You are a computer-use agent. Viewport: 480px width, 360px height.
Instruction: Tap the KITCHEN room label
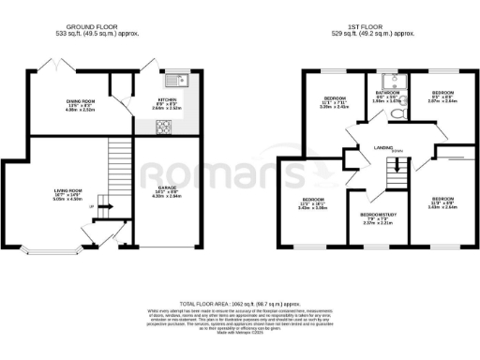(169, 98)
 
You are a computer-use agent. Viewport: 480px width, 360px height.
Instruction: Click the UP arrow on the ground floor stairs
(103, 207)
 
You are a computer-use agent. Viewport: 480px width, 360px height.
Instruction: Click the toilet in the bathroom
(398, 112)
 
